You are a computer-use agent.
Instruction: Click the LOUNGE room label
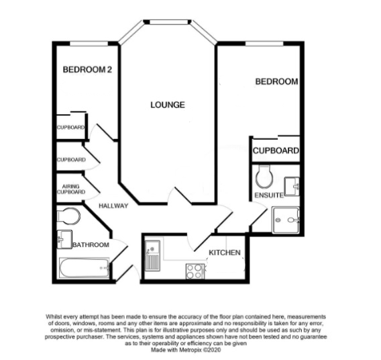tap(167, 105)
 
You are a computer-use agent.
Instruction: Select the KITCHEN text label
tap(224, 253)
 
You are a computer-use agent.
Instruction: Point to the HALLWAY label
tap(112, 206)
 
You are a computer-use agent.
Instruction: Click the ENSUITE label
tap(268, 195)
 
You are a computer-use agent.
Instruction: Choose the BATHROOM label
tap(91, 245)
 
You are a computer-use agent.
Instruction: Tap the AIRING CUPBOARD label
tap(72, 189)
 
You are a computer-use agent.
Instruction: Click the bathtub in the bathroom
tap(85, 269)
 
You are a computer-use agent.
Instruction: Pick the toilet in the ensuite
tap(264, 177)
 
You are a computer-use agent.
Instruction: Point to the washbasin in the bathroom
tap(64, 237)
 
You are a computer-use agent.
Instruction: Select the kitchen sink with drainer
tap(152, 256)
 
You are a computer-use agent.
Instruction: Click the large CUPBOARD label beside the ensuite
tap(275, 151)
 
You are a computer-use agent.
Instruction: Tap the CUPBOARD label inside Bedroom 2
tap(70, 128)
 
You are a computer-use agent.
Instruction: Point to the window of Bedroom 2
tap(85, 44)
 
